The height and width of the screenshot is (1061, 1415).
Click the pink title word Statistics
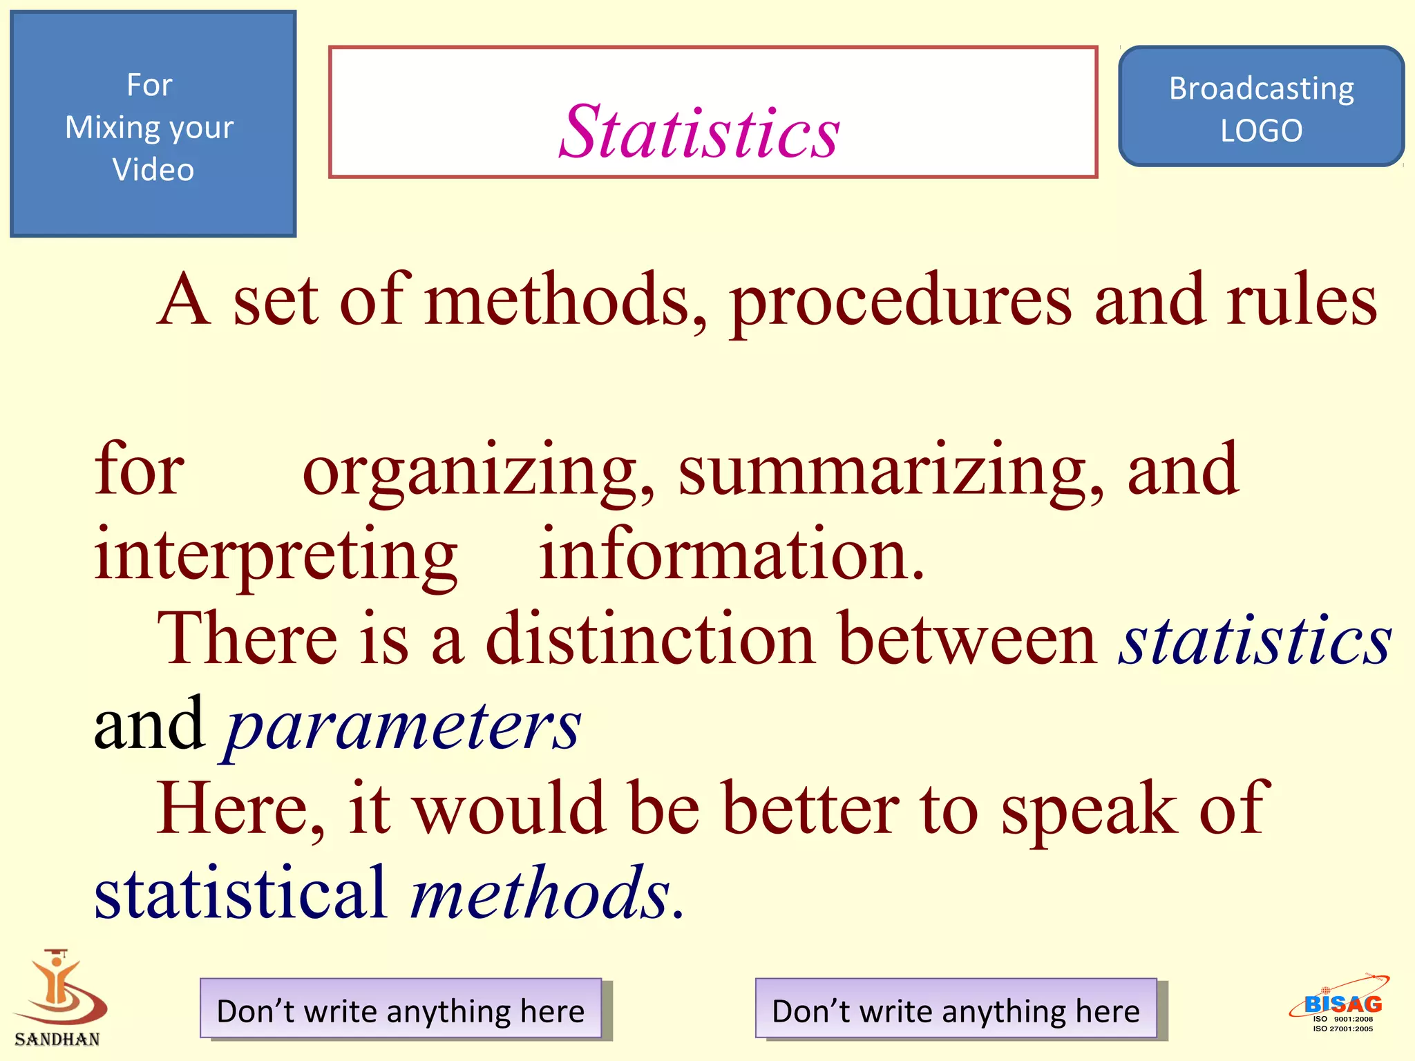tap(699, 131)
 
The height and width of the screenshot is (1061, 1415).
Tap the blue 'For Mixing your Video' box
tap(153, 124)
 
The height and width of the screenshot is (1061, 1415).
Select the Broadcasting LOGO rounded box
tap(1261, 107)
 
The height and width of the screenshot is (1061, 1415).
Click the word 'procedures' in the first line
tap(901, 302)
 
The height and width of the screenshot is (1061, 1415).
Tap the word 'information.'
tap(731, 555)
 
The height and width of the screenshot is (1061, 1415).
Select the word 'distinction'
tap(650, 639)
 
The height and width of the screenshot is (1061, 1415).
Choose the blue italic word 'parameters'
tap(403, 727)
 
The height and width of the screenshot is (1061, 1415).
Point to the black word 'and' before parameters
tap(149, 724)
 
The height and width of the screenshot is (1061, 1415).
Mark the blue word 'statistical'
tap(240, 892)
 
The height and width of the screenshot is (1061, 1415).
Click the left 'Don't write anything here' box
tap(401, 1009)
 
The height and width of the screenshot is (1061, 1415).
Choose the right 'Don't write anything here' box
tap(956, 1009)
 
